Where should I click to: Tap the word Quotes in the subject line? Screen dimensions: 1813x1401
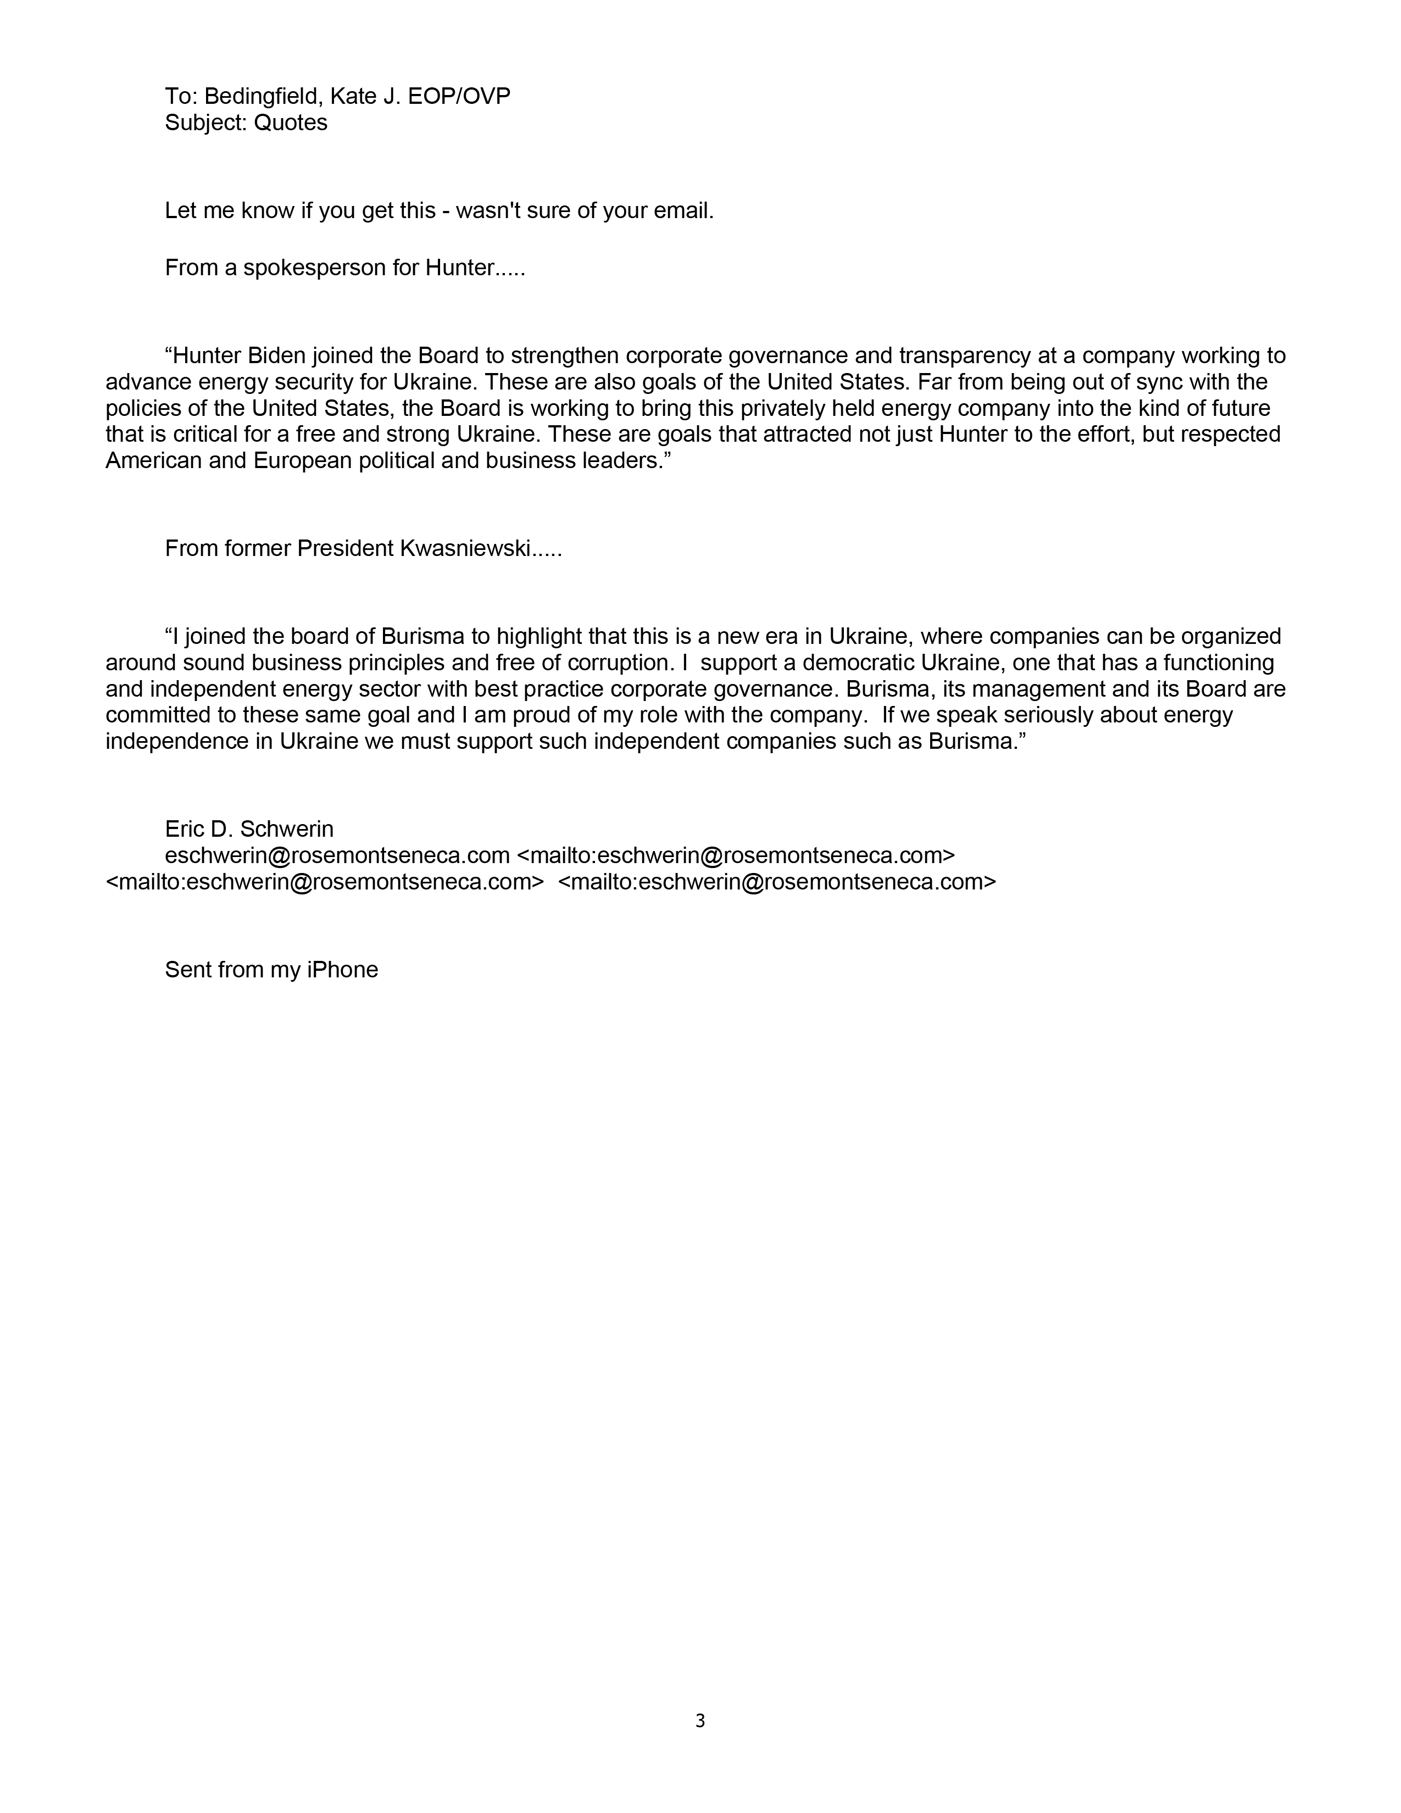[291, 123]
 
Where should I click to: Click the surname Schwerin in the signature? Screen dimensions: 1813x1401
[287, 828]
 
